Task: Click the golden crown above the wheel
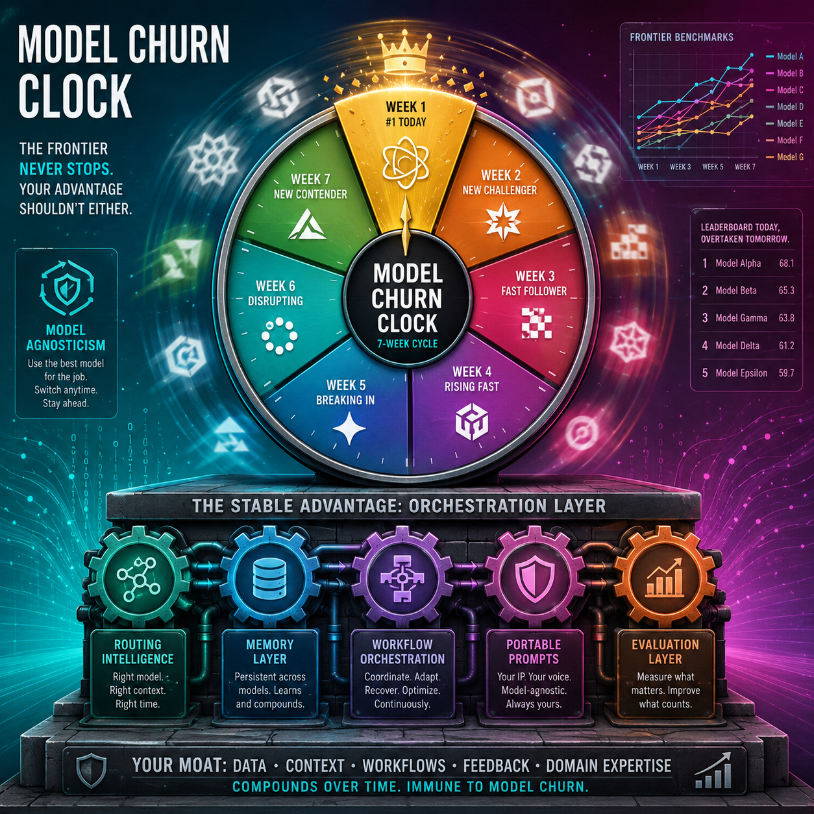coord(405,55)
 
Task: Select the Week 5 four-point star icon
coord(349,428)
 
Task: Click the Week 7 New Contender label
coord(310,187)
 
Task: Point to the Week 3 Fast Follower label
coord(534,284)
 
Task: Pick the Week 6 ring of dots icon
coord(279,336)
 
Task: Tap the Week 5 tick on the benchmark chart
coord(713,167)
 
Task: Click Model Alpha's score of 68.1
coord(787,263)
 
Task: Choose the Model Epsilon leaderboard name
coord(741,373)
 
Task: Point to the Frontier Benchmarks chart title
coord(682,37)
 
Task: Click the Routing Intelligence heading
coord(138,651)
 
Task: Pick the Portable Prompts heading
coord(534,651)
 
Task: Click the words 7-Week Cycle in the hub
coord(407,343)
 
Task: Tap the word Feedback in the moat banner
coord(496,765)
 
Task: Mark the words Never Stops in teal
coord(66,169)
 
